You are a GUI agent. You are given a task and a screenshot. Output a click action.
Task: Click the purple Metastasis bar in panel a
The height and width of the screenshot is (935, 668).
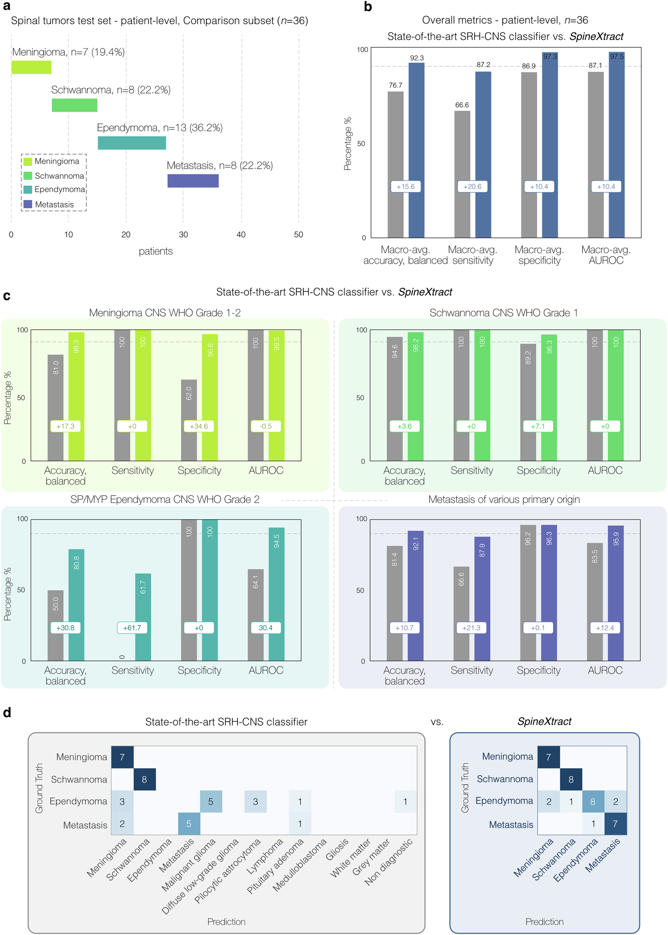tap(193, 181)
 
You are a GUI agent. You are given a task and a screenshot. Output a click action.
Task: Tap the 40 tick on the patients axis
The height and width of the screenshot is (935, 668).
tap(241, 234)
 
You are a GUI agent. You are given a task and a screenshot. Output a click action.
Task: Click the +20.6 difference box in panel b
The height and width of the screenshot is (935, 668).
tap(472, 186)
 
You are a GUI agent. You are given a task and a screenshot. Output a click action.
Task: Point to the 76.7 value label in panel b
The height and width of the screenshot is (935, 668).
tap(395, 85)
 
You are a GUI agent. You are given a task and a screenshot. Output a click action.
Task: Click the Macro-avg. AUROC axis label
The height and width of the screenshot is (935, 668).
tap(606, 255)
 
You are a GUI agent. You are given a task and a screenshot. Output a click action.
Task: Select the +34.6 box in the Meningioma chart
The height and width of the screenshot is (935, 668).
tap(199, 426)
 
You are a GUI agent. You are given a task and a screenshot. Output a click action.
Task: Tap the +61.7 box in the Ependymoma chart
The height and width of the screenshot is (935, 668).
tap(132, 628)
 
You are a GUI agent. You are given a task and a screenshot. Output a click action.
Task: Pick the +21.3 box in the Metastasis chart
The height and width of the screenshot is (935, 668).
tap(471, 628)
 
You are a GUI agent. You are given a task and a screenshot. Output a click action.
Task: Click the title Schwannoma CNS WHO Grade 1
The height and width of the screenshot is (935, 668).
tap(503, 313)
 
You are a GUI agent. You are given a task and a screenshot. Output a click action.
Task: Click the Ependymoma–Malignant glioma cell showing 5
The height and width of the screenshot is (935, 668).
tap(211, 801)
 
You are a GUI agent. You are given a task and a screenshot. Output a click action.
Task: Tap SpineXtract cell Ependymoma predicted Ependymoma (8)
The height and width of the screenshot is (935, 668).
tap(593, 801)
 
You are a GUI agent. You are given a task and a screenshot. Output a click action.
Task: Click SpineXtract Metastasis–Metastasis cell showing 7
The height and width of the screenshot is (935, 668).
tap(615, 824)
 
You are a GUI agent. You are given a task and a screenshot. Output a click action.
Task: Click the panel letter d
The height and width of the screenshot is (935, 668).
tap(7, 712)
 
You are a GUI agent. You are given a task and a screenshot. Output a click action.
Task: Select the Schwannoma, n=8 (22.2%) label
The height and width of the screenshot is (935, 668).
tap(111, 90)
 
